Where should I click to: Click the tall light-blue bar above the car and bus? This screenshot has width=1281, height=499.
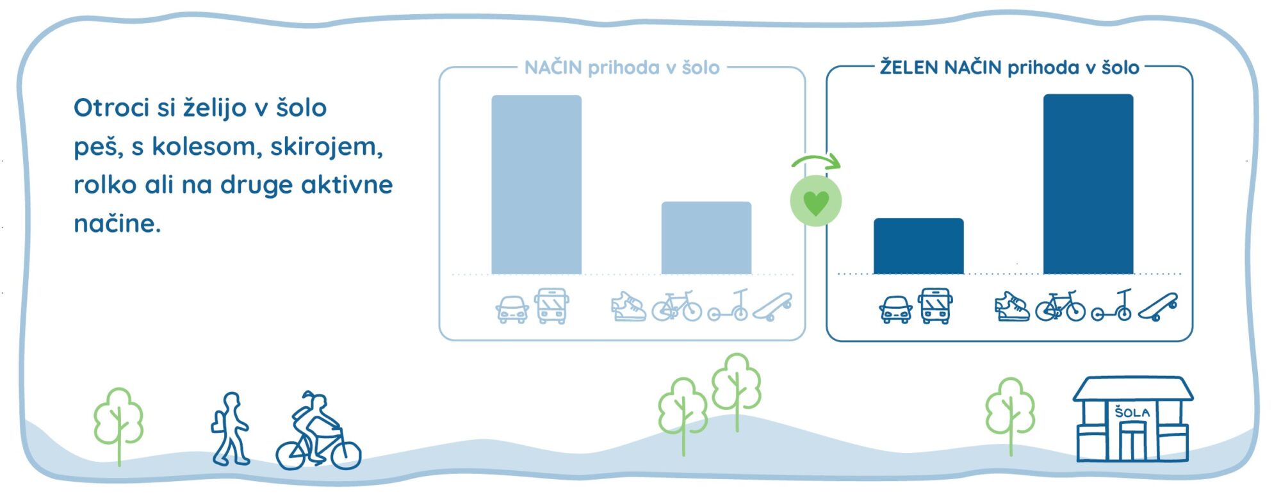(536, 184)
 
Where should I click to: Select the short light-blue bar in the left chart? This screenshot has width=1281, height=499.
(706, 238)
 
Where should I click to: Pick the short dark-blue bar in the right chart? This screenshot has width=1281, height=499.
(918, 246)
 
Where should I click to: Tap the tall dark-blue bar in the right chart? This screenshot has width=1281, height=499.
(1088, 184)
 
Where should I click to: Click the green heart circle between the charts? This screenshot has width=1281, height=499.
(815, 200)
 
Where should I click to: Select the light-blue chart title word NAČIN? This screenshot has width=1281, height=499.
(553, 67)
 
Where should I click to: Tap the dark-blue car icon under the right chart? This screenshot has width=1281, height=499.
(895, 309)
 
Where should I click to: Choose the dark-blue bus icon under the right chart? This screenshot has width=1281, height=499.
(935, 306)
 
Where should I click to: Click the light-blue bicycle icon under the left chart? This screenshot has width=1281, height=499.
(677, 306)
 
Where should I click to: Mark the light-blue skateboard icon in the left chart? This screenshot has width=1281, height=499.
(772, 307)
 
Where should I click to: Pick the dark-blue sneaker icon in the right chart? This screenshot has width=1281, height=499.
(1012, 306)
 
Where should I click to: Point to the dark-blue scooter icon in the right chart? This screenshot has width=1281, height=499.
(1112, 305)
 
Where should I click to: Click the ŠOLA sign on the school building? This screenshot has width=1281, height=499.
(1132, 412)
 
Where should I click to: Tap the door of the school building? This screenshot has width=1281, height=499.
(1132, 442)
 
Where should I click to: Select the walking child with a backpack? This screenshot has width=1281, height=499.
(230, 429)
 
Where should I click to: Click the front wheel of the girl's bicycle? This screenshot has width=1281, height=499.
(345, 453)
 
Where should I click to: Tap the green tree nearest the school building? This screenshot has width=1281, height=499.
(1010, 415)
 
